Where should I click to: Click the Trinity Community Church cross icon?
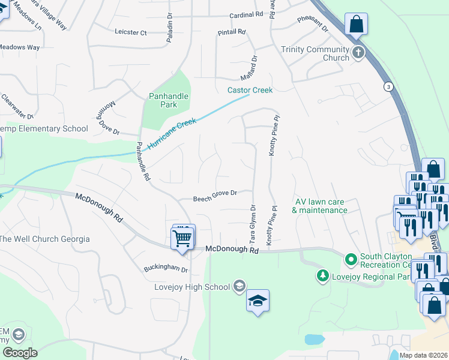(358, 52)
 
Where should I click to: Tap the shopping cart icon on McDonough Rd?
(183, 237)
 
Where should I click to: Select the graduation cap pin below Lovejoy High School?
(258, 301)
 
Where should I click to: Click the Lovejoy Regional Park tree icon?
(323, 276)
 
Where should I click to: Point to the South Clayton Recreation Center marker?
(351, 260)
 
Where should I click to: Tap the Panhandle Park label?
(169, 100)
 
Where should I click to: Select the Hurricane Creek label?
(172, 134)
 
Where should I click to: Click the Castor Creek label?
(250, 90)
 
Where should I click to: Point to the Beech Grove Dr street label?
(215, 196)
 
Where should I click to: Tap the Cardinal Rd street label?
(247, 14)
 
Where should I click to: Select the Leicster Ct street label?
(130, 32)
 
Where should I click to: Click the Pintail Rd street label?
(233, 32)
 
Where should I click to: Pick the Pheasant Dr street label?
(313, 23)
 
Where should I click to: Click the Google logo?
(19, 353)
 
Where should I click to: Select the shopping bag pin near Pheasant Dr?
(356, 25)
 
